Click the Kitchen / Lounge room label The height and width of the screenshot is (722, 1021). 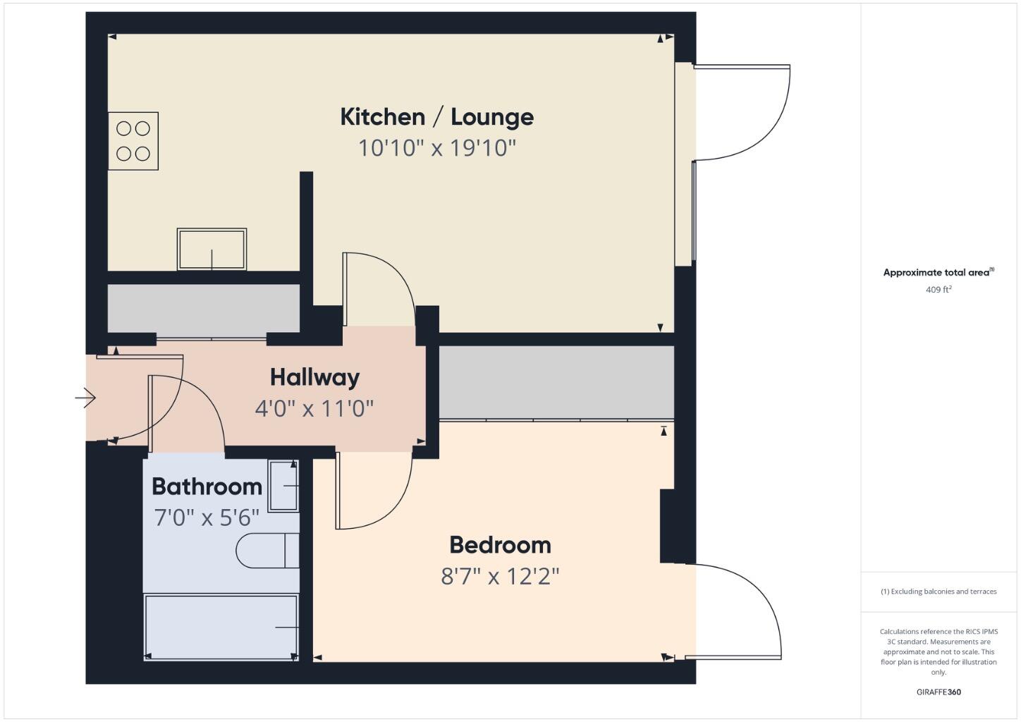tap(436, 117)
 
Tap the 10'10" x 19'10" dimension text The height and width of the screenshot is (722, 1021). tap(437, 148)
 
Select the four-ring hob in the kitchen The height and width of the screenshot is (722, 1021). tap(133, 141)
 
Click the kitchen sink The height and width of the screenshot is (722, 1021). tap(212, 249)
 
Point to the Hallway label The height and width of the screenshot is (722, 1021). tap(314, 377)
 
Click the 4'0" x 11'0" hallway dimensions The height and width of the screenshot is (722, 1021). tap(314, 408)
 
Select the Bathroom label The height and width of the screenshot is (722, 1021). tap(207, 487)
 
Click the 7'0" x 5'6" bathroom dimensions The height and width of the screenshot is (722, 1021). tap(207, 518)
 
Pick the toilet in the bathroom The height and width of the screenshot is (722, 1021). tap(268, 551)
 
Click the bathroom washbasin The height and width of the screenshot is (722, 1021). tap(283, 486)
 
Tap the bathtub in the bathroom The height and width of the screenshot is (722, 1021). tap(221, 627)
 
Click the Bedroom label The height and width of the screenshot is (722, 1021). tap(500, 545)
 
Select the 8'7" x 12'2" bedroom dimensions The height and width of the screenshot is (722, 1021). tap(500, 577)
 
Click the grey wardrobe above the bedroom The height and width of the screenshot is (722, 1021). tap(556, 381)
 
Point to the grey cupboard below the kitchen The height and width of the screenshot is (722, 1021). tap(203, 308)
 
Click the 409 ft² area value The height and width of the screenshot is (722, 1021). tap(939, 289)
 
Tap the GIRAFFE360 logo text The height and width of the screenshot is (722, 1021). tap(939, 692)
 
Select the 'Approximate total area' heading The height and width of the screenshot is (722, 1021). tap(938, 272)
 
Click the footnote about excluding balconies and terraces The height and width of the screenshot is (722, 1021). tap(939, 592)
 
